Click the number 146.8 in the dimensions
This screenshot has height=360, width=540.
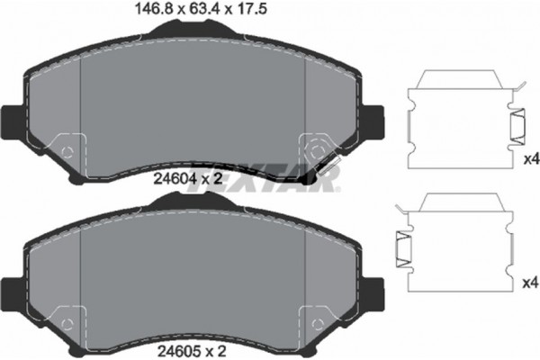pos(147,10)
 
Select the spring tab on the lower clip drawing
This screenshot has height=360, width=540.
pos(403,248)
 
